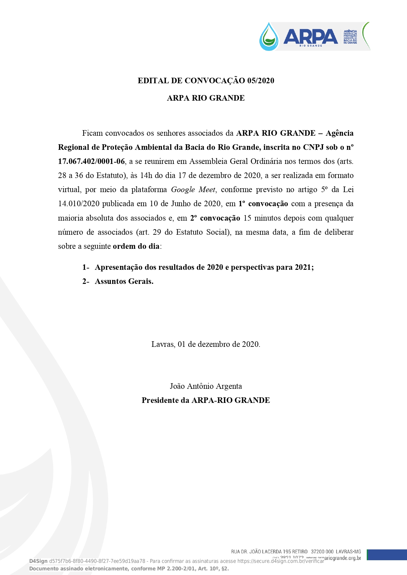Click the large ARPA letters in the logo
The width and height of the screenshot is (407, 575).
pyautogui.click(x=310, y=36)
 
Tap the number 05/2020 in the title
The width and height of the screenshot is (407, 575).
pyautogui.click(x=261, y=81)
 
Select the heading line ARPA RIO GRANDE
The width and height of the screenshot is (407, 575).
pyautogui.click(x=206, y=98)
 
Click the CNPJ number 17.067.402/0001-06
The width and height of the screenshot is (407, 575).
pyautogui.click(x=92, y=161)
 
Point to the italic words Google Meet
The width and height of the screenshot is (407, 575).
pyautogui.click(x=193, y=189)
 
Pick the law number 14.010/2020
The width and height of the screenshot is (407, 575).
pyautogui.click(x=79, y=204)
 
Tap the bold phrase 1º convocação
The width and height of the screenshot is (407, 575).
pyautogui.click(x=263, y=204)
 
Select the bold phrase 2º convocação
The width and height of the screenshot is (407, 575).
pyautogui.click(x=215, y=218)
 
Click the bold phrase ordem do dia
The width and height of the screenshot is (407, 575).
pyautogui.click(x=136, y=246)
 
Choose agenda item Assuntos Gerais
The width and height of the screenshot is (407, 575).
pyautogui.click(x=124, y=281)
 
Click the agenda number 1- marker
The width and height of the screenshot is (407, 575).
pyautogui.click(x=86, y=267)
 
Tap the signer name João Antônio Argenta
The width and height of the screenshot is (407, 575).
pyautogui.click(x=206, y=386)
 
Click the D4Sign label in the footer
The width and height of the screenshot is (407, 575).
pyautogui.click(x=38, y=561)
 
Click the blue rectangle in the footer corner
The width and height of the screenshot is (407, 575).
pyautogui.click(x=387, y=555)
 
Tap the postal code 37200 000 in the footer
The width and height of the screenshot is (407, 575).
pyautogui.click(x=322, y=552)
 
